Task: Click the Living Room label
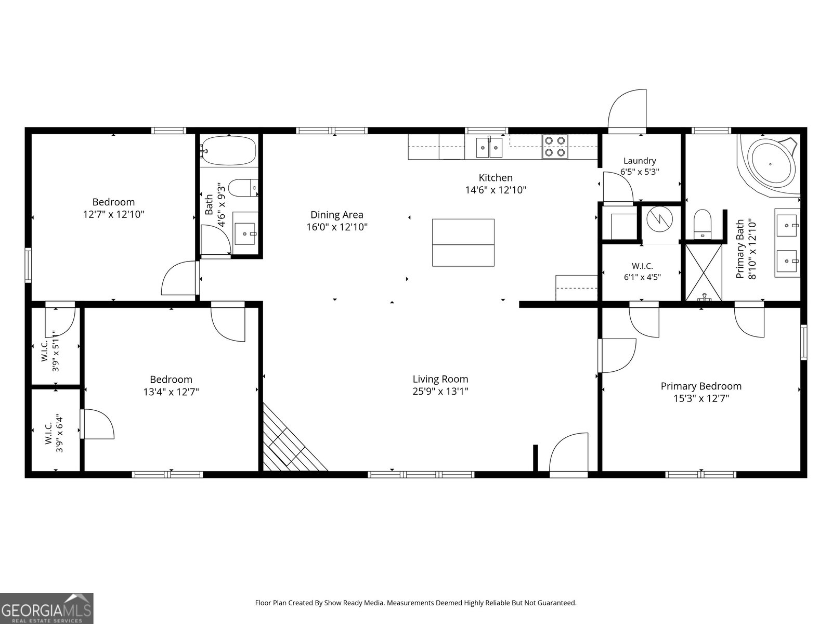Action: tap(440, 379)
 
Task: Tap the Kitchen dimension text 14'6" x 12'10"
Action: tap(496, 190)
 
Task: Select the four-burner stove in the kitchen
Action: tap(554, 147)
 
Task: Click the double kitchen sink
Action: tap(489, 147)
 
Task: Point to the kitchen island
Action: tap(463, 242)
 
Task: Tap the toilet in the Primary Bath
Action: tap(703, 224)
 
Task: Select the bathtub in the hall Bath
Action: tap(229, 151)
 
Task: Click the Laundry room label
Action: tap(640, 161)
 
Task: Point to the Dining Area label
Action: tap(336, 215)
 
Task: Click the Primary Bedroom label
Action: tap(701, 386)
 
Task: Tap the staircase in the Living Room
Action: tap(294, 438)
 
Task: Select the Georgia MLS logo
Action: tap(47, 608)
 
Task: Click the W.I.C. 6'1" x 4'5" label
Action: tap(642, 271)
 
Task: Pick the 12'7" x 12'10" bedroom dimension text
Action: tap(114, 214)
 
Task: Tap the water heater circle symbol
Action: tap(659, 219)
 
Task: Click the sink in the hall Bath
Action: tap(245, 234)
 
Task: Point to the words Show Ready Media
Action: tap(353, 603)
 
